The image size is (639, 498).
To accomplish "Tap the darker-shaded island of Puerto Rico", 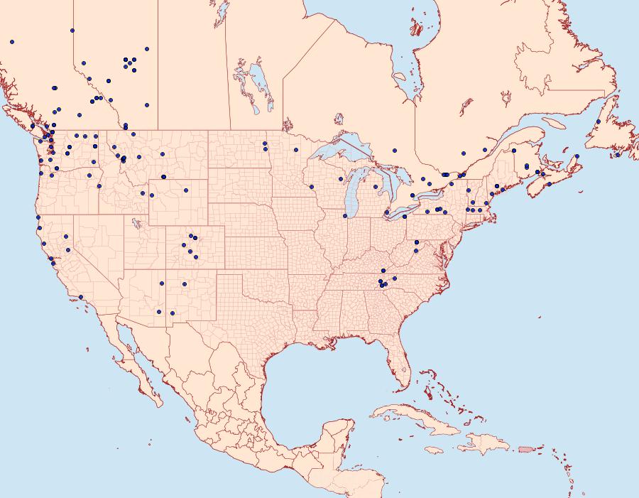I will pyautogui.click(x=526, y=448).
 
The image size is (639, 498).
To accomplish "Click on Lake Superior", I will pyautogui.click(x=334, y=153).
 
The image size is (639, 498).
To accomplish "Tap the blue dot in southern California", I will pyautogui.click(x=81, y=297).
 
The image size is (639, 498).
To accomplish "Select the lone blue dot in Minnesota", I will pyautogui.click(x=296, y=150).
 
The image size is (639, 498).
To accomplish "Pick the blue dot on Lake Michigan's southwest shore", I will pyautogui.click(x=345, y=216).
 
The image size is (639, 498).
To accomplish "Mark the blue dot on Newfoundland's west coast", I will pyautogui.click(x=599, y=121).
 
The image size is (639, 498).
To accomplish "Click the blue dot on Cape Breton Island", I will pyautogui.click(x=577, y=156).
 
